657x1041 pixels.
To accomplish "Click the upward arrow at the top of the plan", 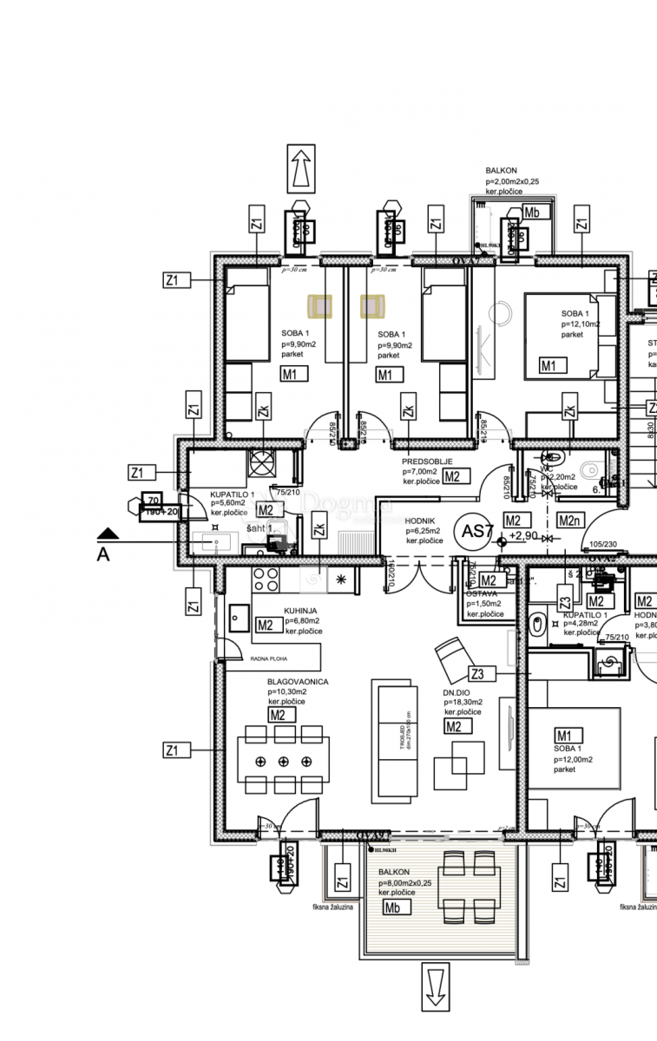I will [x=301, y=168].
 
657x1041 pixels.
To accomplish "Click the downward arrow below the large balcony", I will [x=436, y=986].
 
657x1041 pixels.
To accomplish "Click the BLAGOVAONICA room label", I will [x=298, y=682].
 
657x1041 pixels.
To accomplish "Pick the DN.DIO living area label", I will [x=456, y=692].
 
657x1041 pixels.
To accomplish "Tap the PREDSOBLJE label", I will [x=427, y=462].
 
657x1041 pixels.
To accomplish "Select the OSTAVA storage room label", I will [x=482, y=593].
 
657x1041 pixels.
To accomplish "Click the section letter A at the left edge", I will [x=103, y=555].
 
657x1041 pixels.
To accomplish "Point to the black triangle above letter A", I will [x=106, y=534].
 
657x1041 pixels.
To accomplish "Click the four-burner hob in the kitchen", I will [x=266, y=579].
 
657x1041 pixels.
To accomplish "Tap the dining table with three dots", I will [x=283, y=761].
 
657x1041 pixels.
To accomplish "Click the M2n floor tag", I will [x=569, y=520].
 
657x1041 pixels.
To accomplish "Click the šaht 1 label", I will [x=260, y=528].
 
